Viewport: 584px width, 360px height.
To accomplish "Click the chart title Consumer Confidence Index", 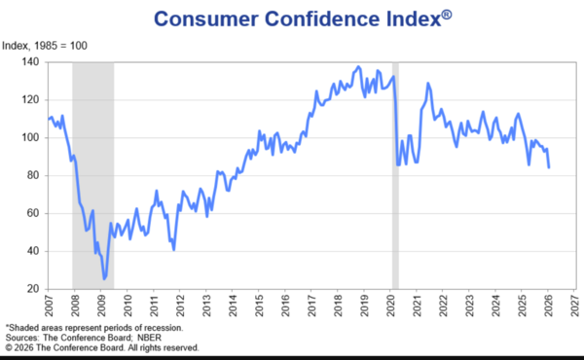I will coord(292,18).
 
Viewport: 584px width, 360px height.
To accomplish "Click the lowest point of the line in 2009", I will coord(104,279).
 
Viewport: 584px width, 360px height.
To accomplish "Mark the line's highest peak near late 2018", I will coord(358,66).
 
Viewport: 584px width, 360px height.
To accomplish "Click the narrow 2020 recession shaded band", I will coord(394,175).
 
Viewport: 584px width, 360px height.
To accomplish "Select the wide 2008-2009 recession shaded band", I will coord(93,175).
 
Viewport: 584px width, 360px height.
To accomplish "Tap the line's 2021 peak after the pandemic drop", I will coord(427,84).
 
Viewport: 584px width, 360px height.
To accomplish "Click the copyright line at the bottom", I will coord(102,346).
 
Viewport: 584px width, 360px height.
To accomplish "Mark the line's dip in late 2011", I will coord(173,250).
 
